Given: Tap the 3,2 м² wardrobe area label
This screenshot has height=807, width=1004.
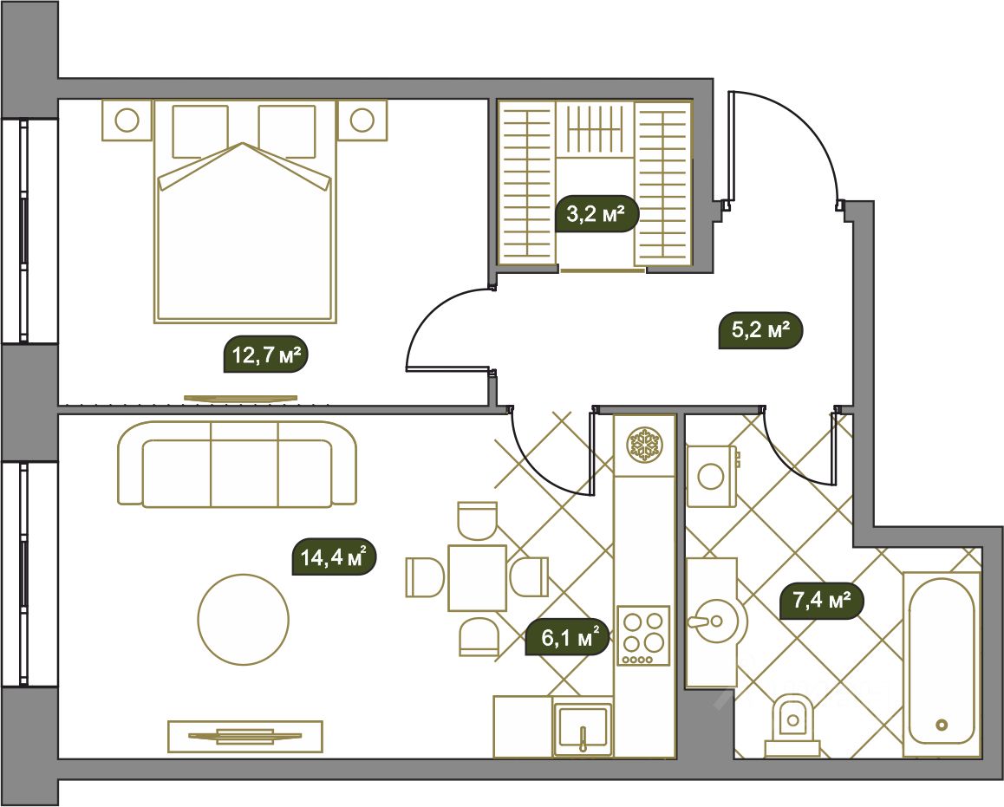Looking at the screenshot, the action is [597, 213].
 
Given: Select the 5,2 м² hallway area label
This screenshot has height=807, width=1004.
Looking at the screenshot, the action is [760, 330].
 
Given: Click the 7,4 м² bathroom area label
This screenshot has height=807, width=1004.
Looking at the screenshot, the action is [822, 601].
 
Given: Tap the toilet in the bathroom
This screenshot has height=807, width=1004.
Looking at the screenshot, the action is [792, 726].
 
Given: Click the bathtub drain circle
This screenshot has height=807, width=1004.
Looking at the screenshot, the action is [942, 725].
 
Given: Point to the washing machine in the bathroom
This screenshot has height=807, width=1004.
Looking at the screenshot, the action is [713, 476].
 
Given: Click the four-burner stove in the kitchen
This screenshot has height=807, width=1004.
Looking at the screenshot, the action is [643, 635].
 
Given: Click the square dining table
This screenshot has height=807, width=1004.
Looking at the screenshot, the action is [478, 578].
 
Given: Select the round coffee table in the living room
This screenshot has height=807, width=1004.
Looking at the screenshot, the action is [244, 618].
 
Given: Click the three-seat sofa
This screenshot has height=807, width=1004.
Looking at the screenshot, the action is [237, 464].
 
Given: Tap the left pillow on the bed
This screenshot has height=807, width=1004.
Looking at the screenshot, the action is [200, 131].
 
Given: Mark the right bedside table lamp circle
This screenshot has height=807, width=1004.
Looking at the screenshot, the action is [362, 120].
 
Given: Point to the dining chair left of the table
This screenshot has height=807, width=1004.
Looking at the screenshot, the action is [425, 577].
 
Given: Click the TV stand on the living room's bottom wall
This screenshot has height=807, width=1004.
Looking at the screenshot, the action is [245, 736].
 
